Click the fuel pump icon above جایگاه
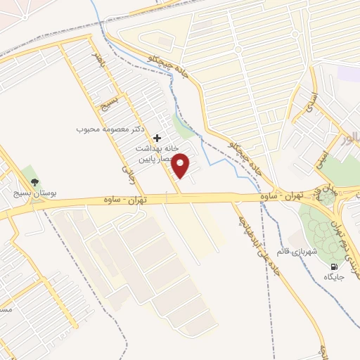click(334, 267)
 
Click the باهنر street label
click(101, 62)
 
